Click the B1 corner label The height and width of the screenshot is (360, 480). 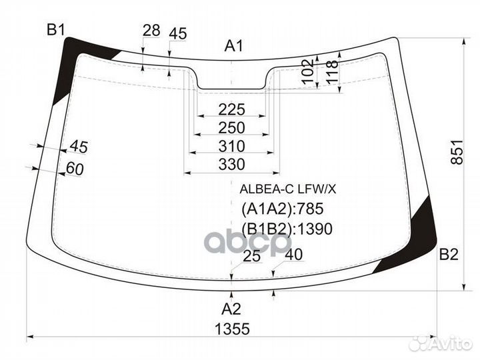[x=55, y=29]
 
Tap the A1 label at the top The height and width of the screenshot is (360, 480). [x=233, y=46]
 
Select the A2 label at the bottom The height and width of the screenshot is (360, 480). [x=231, y=309]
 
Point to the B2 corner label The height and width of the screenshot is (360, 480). [x=449, y=254]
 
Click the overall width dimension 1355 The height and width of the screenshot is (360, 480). [x=233, y=329]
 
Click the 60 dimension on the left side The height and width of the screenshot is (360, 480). [x=75, y=169]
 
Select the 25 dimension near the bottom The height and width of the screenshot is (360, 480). [x=251, y=257]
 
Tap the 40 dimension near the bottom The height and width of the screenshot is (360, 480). [x=293, y=254]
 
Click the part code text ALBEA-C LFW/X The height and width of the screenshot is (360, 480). [x=288, y=189]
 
